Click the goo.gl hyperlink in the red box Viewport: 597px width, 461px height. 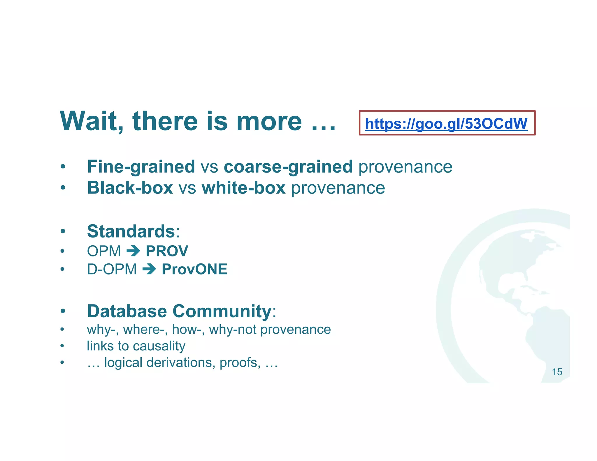446,124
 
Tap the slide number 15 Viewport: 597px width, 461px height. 557,372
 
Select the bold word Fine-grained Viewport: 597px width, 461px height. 141,167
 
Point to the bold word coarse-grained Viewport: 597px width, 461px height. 288,167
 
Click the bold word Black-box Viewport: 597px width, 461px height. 130,188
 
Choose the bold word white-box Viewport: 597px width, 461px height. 243,188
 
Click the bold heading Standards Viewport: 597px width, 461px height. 131,231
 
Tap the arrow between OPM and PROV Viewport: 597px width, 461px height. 134,251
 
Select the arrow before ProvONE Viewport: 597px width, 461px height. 149,269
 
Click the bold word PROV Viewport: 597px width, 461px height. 167,251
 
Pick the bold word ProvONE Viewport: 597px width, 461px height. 194,269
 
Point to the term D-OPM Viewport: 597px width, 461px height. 112,269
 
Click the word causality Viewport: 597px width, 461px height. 159,346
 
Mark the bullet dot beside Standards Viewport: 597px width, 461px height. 63,232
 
